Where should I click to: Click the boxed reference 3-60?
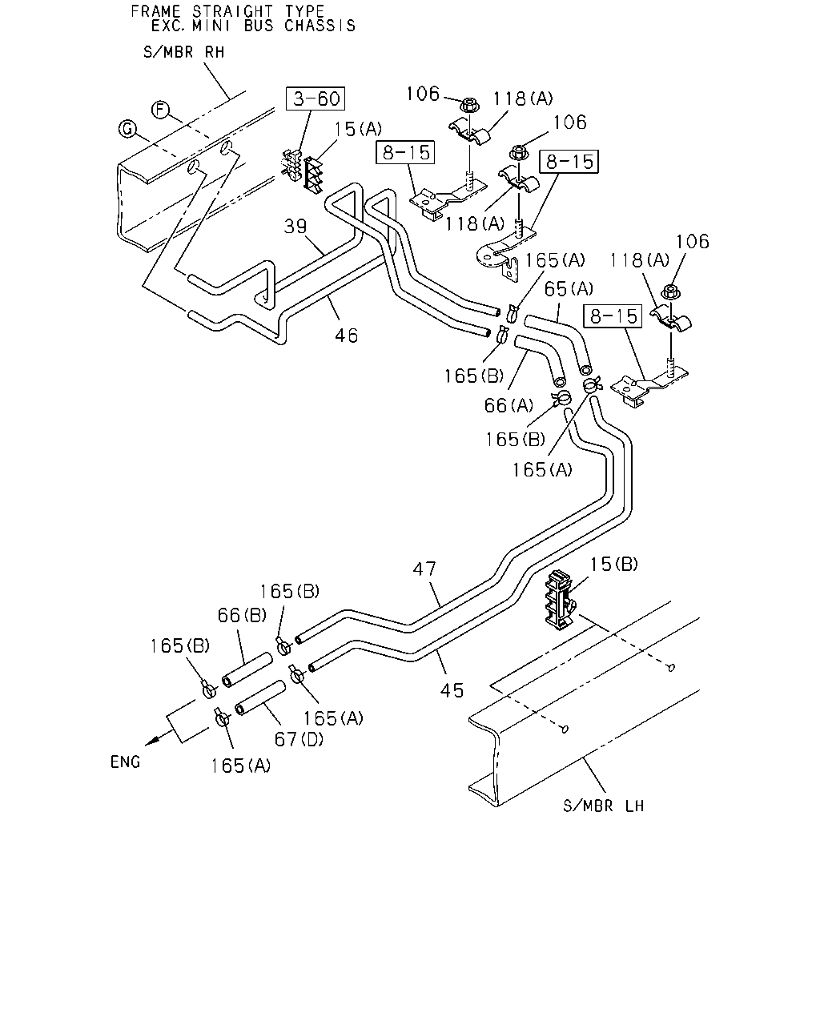coord(315,98)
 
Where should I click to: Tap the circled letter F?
coord(160,110)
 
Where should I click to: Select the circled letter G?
coord(127,129)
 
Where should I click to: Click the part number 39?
coord(295,226)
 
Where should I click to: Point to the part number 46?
coord(346,336)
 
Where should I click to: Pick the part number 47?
coord(424,569)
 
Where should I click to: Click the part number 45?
coord(452,690)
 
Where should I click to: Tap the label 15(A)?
coord(358,129)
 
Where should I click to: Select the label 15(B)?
coord(613,564)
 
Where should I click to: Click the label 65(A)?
coord(569,288)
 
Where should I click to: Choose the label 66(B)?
coord(242,615)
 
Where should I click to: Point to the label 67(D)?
coord(299,739)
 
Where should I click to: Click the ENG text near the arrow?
coord(125,762)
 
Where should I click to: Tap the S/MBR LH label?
coord(603,806)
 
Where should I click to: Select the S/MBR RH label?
coord(183,52)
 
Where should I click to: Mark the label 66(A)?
coord(508,405)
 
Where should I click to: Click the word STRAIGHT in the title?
coord(232,11)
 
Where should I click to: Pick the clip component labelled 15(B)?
coord(560,600)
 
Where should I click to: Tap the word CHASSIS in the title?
coord(320,26)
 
